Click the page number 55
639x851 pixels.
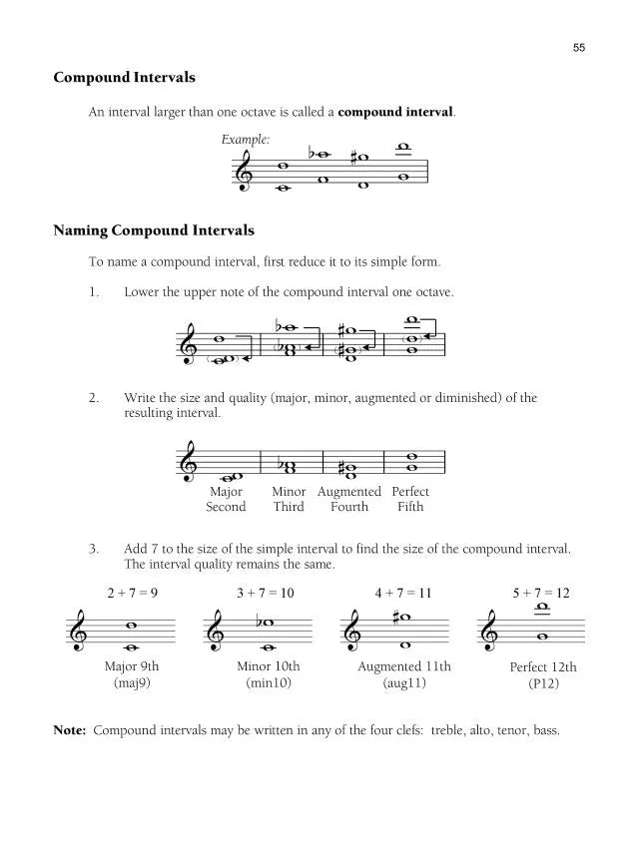578,47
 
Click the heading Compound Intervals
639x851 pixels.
124,77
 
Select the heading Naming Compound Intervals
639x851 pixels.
154,231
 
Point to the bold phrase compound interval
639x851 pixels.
395,112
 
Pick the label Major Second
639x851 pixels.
226,499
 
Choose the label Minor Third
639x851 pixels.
289,499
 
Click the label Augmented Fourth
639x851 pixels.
349,499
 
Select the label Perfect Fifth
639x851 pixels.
410,499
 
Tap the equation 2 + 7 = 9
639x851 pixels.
132,593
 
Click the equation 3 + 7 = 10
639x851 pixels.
266,593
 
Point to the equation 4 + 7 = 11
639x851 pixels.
403,593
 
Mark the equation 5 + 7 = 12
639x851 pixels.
541,593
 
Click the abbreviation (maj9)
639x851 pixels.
132,684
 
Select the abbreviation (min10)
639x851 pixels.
268,684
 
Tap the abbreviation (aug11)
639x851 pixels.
404,684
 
